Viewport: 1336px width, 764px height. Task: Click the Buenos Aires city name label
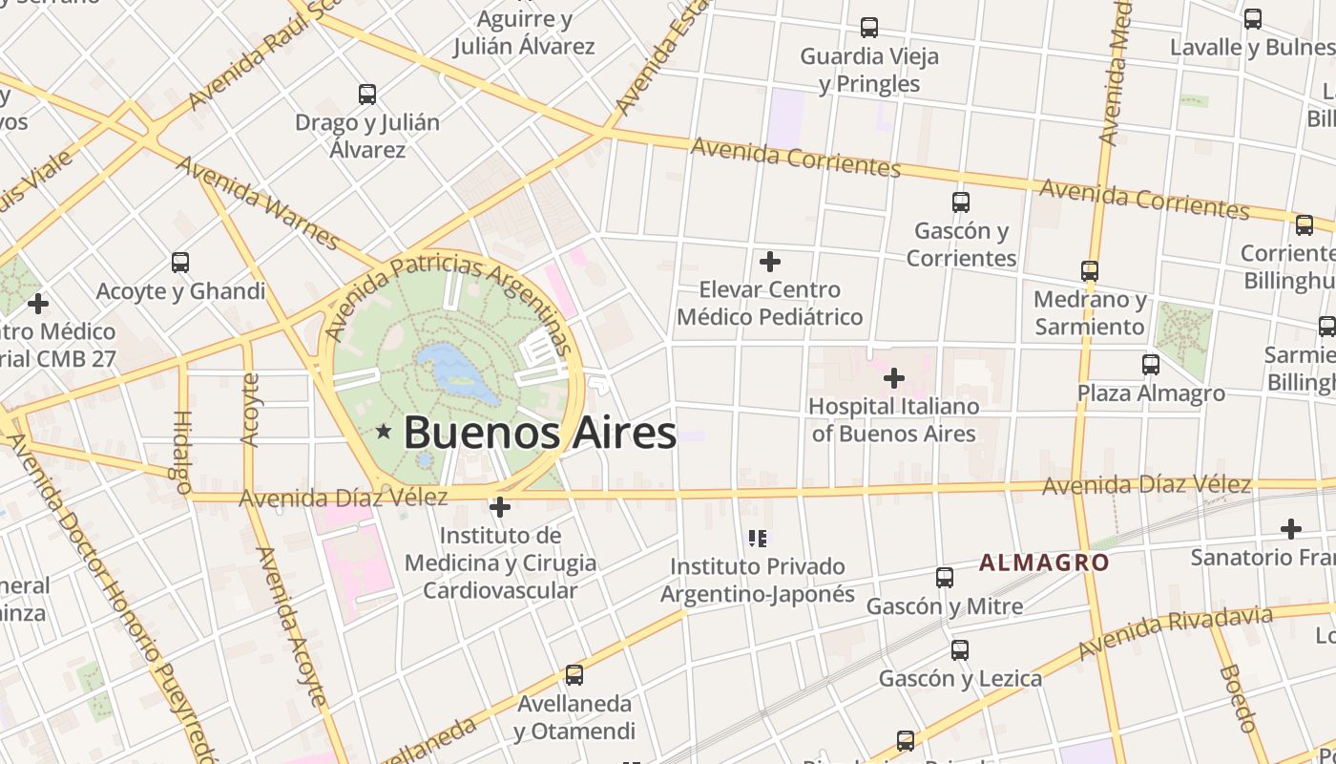[540, 433]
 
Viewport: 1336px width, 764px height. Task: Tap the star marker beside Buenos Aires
[384, 432]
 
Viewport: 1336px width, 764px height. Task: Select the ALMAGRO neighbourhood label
[1044, 562]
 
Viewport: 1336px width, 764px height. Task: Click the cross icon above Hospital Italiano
[893, 378]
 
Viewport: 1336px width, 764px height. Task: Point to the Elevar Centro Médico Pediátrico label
[770, 303]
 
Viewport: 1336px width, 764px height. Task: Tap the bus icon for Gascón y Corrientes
[960, 202]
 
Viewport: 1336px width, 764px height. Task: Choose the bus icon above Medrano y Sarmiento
[1090, 271]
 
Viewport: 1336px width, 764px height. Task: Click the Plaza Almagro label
[1151, 393]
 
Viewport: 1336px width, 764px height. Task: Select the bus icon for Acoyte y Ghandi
[180, 263]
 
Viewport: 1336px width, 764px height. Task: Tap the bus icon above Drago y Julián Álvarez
[367, 95]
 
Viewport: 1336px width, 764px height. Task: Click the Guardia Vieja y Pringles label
[869, 70]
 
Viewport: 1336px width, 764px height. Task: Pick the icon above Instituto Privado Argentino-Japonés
[759, 539]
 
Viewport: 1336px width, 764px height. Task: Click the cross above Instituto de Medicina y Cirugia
[499, 507]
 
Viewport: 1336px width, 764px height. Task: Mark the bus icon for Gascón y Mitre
[944, 578]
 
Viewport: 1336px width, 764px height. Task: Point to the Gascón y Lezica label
[960, 678]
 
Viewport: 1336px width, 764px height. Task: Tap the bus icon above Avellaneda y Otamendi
[574, 675]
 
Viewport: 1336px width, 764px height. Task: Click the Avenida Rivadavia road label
[1176, 632]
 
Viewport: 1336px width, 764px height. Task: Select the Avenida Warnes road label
[258, 203]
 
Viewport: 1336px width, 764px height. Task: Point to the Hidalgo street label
[182, 451]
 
